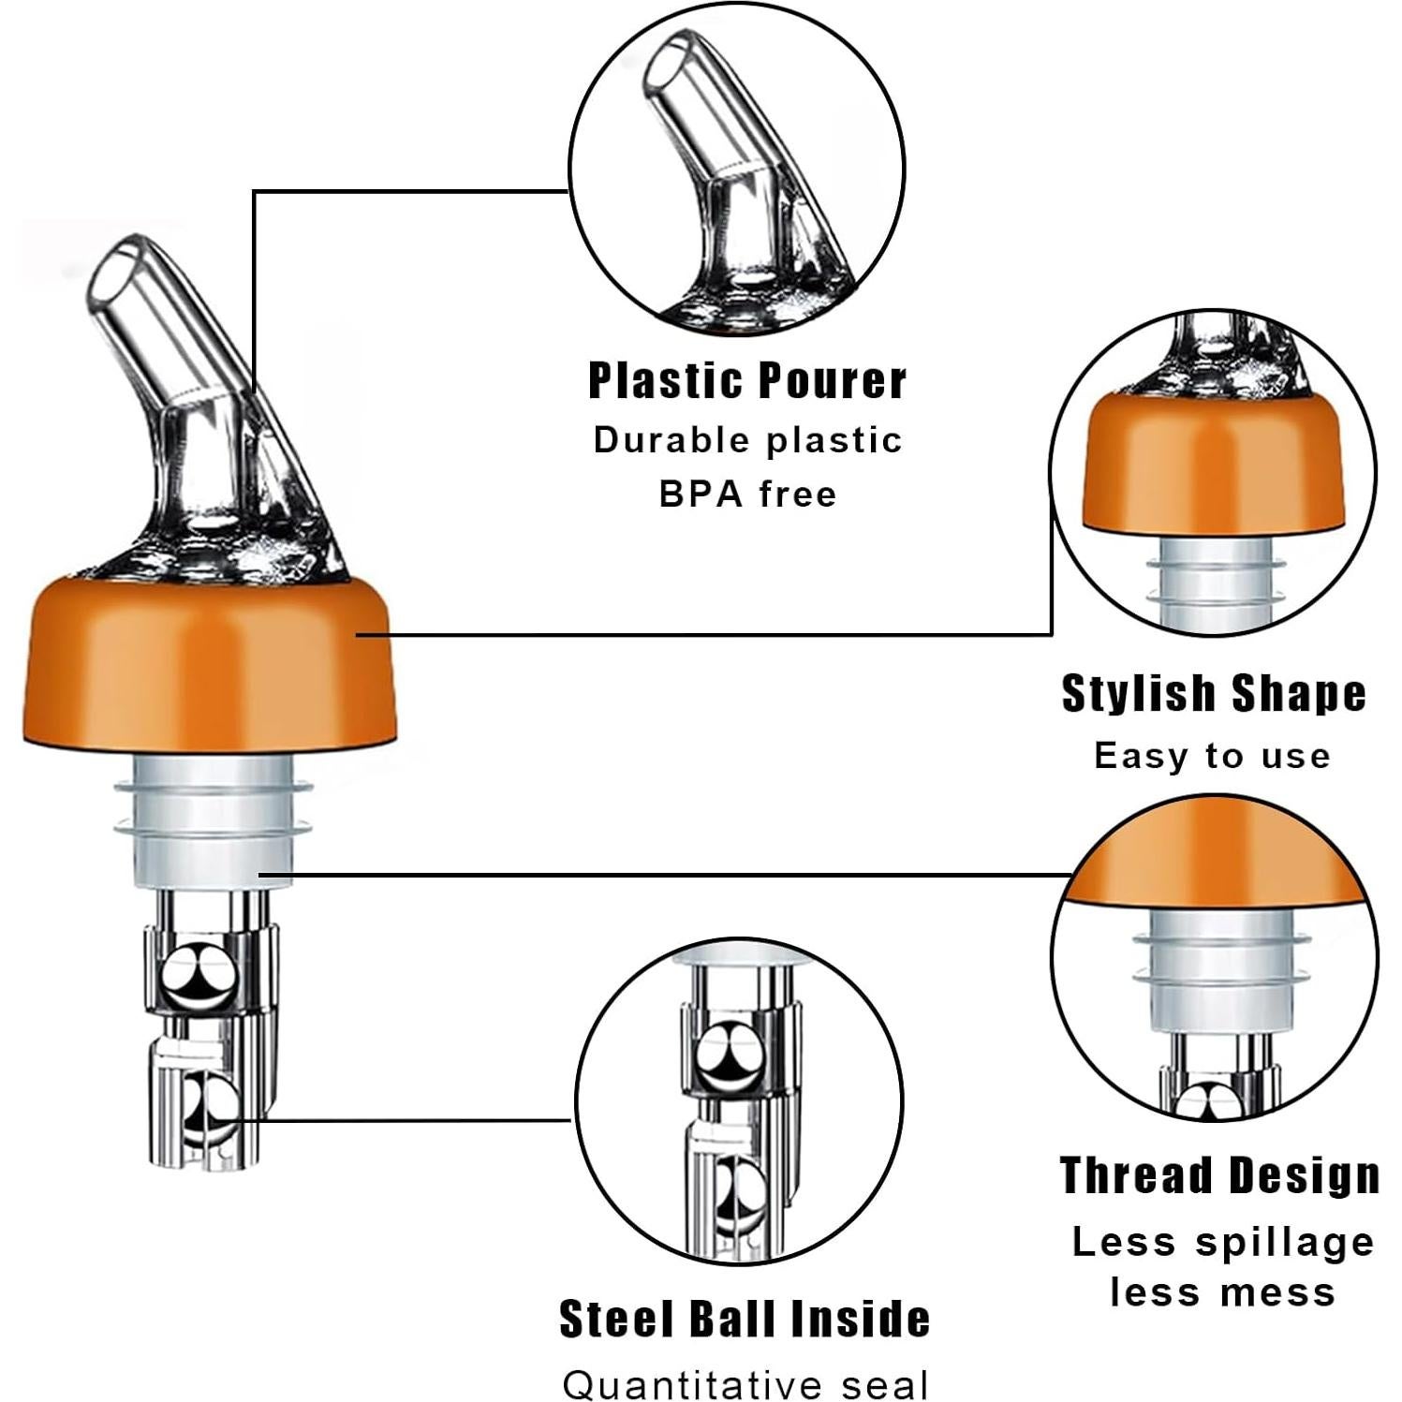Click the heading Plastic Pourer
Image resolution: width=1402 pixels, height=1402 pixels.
746,381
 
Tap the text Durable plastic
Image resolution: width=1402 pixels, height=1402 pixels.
746,440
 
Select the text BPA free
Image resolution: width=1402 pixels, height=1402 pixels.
746,494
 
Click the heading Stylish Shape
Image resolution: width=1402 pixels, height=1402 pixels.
1213,694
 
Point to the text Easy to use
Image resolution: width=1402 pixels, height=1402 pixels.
1212,756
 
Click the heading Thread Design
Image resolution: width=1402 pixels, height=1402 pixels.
1218,1175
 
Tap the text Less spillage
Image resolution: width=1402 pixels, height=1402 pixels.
1222,1243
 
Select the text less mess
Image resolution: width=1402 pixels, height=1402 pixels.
1222,1293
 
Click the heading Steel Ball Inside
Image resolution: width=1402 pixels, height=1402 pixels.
745,1319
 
